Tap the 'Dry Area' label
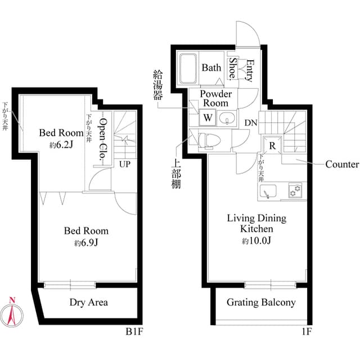tap(89, 303)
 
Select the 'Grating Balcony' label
tap(261, 303)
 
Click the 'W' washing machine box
tap(208, 118)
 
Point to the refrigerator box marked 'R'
tap(272, 144)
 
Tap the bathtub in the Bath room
tap(188, 68)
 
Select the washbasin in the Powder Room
tap(228, 118)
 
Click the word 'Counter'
tap(342, 165)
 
